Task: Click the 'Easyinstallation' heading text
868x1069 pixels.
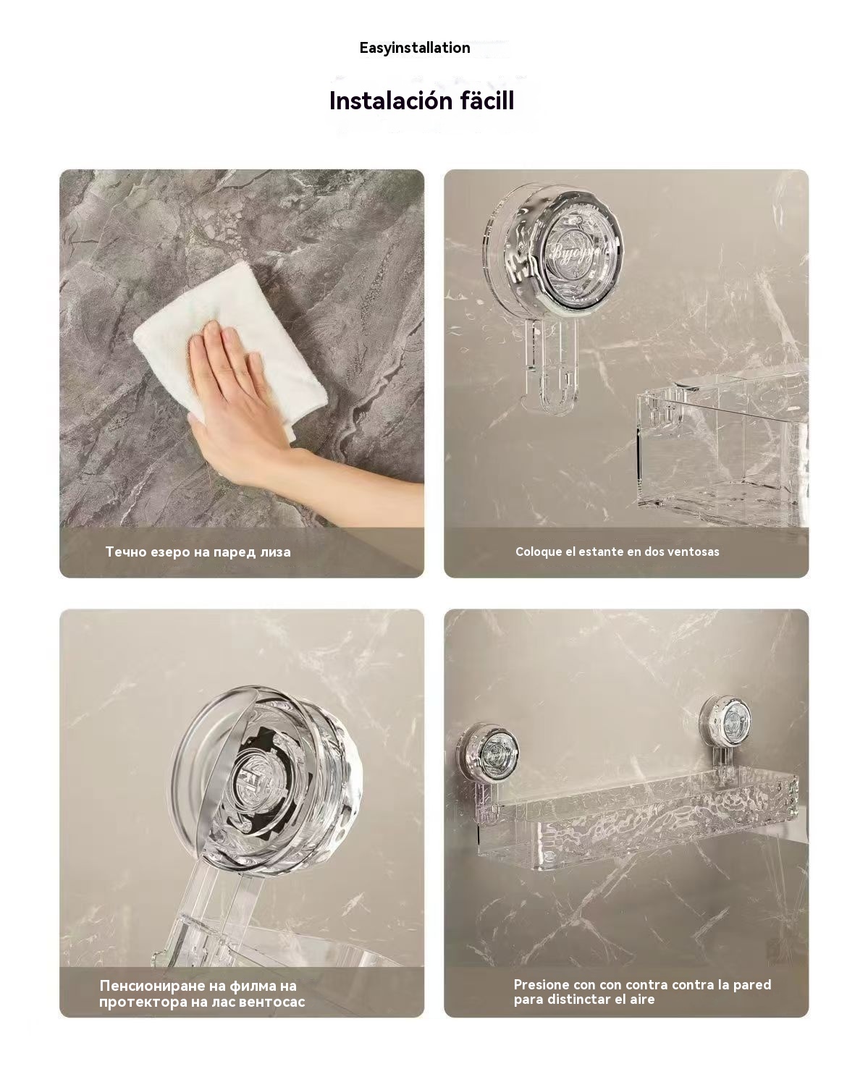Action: (x=415, y=48)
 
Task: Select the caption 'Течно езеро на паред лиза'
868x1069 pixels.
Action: (x=198, y=552)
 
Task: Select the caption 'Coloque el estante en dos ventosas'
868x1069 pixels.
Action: (x=617, y=552)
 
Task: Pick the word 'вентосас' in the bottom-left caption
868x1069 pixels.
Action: (x=271, y=1002)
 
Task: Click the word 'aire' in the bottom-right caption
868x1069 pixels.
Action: (x=639, y=1000)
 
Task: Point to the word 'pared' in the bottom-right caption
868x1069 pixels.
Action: (x=752, y=985)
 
